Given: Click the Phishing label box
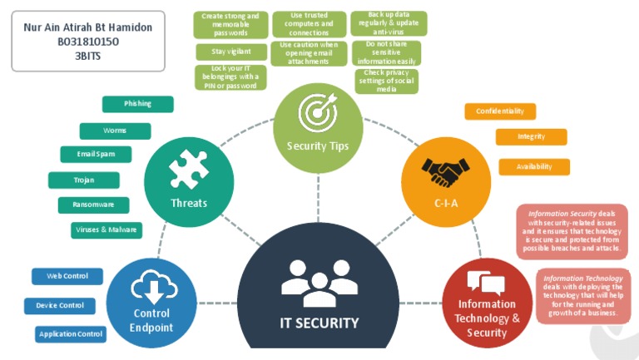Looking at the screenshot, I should point(137,104).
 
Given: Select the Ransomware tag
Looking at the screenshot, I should point(93,205).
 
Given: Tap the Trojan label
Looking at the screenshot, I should point(83,180).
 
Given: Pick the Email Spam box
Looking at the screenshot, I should point(97,155).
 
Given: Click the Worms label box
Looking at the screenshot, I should point(115,131).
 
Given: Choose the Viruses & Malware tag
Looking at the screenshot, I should point(106,230).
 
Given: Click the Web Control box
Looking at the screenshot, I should point(67,276).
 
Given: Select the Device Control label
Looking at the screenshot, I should point(60,306).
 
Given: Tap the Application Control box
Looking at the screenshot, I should point(71,334).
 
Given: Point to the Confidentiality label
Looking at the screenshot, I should point(499,111).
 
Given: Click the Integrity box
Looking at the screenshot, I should point(531,136).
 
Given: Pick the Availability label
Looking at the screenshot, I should point(534,166).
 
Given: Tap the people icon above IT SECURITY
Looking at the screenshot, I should point(319,283).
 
